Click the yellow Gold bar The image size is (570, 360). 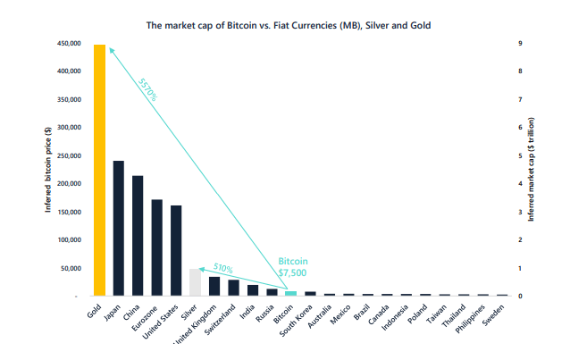pos(98,170)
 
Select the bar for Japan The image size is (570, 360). pos(118,228)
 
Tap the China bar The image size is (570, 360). pos(138,235)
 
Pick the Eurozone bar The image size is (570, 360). pos(156,247)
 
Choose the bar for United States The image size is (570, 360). pos(176,250)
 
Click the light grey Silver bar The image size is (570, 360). pos(195,281)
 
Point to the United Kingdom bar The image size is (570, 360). pos(214,286)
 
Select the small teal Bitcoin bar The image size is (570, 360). pos(291,292)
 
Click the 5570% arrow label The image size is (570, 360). pos(147,90)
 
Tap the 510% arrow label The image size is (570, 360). pos(222,267)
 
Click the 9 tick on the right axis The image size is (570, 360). pos(520,43)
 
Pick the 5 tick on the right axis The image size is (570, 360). pos(520,155)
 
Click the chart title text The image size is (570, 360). pos(288,25)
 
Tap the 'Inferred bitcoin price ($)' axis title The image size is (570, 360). pos(48,170)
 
